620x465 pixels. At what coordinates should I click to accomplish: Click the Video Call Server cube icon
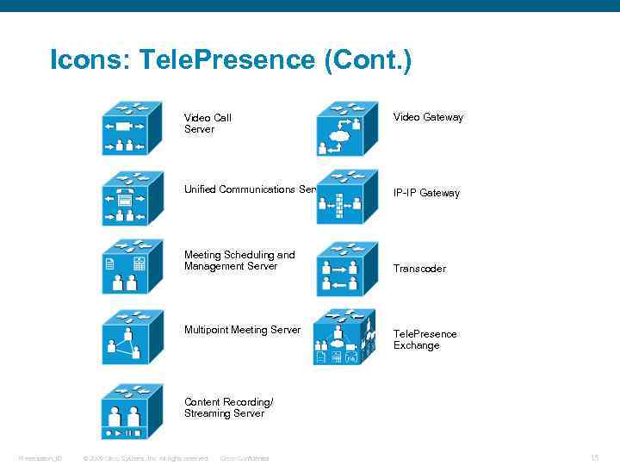tap(132, 127)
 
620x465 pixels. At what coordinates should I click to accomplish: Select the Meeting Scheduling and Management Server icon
tap(132, 268)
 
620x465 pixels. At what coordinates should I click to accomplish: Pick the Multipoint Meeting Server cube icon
tap(132, 338)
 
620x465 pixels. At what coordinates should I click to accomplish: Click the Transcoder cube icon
tap(346, 268)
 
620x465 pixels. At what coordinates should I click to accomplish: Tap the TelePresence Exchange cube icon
tap(344, 338)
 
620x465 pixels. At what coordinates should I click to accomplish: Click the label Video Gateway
tap(428, 117)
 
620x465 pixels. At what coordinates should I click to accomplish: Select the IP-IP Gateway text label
tap(426, 193)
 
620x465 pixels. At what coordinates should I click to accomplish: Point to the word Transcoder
tap(419, 269)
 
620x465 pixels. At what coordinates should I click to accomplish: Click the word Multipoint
tap(206, 330)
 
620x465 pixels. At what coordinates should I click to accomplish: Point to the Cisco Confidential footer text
tap(245, 458)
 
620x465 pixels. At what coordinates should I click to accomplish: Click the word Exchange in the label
tap(416, 345)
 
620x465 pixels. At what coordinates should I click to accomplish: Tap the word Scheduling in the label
tap(249, 255)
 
